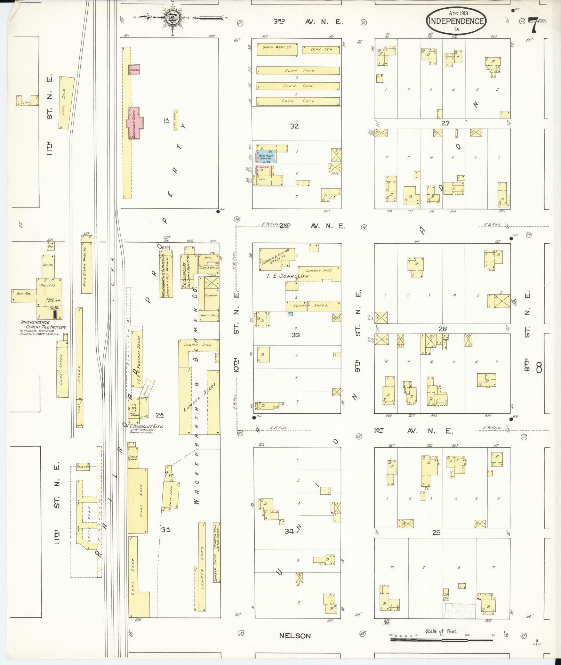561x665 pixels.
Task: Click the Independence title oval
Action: (x=456, y=21)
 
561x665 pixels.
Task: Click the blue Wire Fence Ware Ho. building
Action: (x=266, y=157)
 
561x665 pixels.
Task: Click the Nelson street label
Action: (x=295, y=636)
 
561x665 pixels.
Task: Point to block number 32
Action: (x=295, y=126)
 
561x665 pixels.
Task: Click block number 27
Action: (x=446, y=123)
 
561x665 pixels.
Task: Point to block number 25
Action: (x=436, y=533)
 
